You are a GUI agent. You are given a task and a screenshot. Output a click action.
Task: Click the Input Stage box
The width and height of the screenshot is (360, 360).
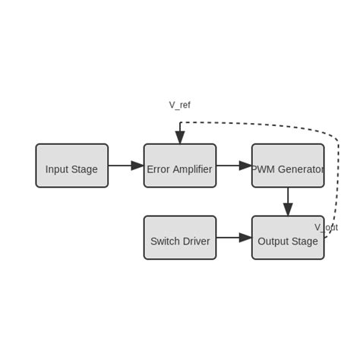[x=71, y=166]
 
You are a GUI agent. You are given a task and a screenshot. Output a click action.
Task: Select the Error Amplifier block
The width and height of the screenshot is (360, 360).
[x=180, y=166]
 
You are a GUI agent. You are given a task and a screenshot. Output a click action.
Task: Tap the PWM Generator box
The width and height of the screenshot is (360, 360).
[x=288, y=166]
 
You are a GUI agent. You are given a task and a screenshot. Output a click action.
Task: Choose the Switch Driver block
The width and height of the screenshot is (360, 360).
[x=180, y=238]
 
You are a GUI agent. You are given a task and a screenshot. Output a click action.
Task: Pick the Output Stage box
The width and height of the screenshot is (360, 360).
[x=288, y=238]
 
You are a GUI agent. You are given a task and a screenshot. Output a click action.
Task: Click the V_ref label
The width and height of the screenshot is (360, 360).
[x=179, y=105]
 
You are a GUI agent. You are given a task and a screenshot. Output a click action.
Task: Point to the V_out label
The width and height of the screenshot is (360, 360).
[x=327, y=227]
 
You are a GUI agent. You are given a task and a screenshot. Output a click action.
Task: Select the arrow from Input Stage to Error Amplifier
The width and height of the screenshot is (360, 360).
[x=125, y=166]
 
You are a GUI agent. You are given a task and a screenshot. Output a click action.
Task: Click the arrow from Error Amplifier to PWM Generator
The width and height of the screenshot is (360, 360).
[x=234, y=166]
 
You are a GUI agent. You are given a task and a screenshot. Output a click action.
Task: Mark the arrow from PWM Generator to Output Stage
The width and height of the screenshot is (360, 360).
[x=288, y=201]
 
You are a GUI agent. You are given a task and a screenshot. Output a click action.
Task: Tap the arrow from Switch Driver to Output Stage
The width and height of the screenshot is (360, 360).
[x=234, y=238]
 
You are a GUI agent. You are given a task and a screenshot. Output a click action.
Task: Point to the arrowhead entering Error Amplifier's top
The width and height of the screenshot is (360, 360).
[x=180, y=137]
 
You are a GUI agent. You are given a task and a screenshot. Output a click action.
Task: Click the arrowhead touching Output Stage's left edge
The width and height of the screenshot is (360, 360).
[x=245, y=238]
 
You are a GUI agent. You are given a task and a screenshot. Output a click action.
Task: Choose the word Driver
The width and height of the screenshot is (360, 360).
[x=196, y=242]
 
